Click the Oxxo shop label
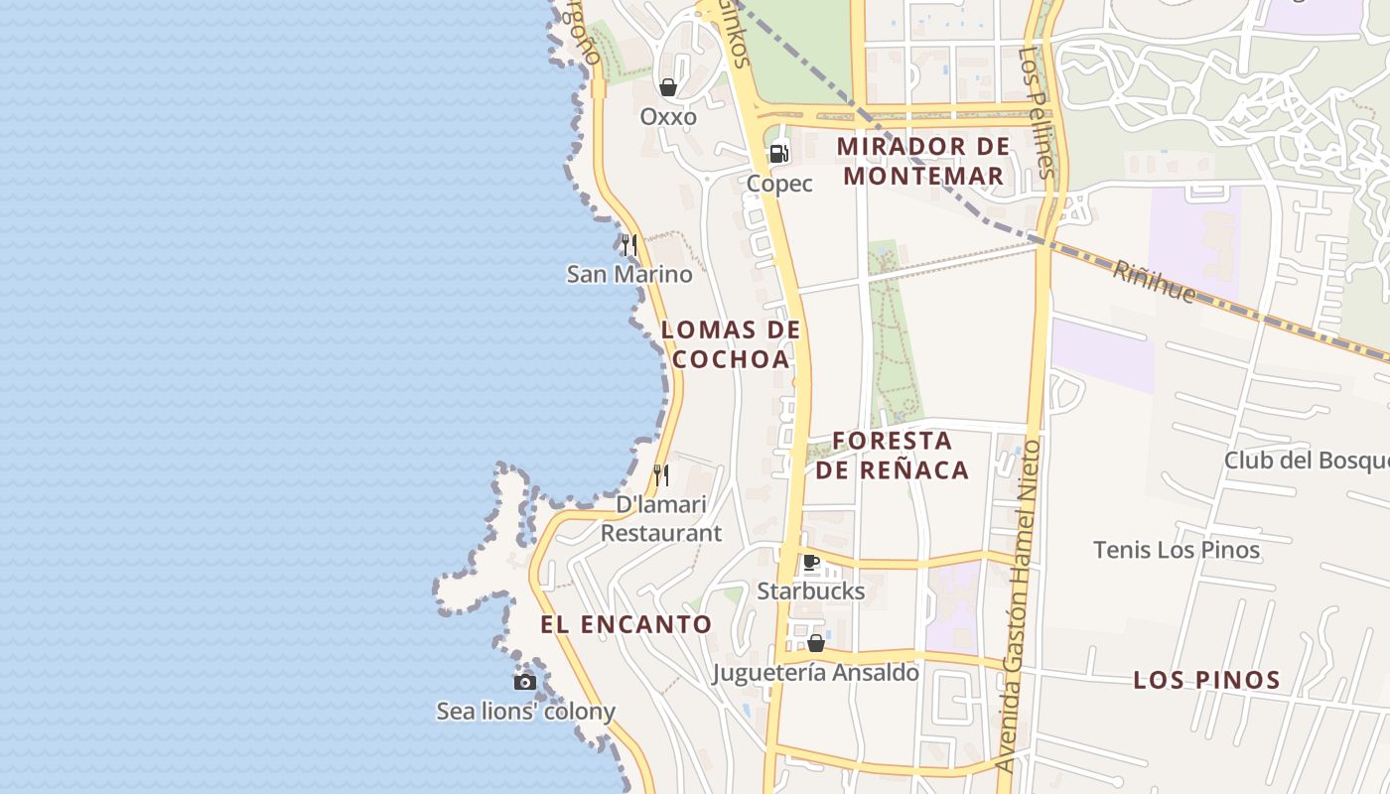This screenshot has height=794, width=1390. [x=668, y=117]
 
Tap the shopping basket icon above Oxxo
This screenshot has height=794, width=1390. [x=669, y=87]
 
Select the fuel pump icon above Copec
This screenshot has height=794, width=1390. [x=779, y=154]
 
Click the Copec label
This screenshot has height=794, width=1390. [x=779, y=184]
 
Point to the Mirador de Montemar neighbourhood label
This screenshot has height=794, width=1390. [x=922, y=162]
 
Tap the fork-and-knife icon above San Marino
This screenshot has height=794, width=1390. [x=628, y=244]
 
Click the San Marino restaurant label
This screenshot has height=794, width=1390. [x=629, y=274]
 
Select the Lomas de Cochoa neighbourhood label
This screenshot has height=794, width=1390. [x=731, y=344]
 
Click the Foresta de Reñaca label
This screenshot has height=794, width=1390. [x=892, y=455]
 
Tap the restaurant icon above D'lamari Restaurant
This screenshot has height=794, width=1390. [x=661, y=475]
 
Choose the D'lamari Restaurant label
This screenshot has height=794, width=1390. [x=661, y=518]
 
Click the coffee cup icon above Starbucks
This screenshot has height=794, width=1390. [x=811, y=563]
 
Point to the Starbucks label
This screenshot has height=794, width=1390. [x=811, y=592]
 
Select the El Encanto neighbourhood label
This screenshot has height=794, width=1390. [x=626, y=624]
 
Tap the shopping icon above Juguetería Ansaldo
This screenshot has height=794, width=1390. [x=816, y=643]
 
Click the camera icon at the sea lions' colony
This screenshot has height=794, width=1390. [x=525, y=682]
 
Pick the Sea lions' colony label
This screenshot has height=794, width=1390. [x=526, y=712]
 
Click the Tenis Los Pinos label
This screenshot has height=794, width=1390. [x=1177, y=550]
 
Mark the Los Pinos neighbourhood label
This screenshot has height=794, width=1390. [x=1206, y=680]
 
